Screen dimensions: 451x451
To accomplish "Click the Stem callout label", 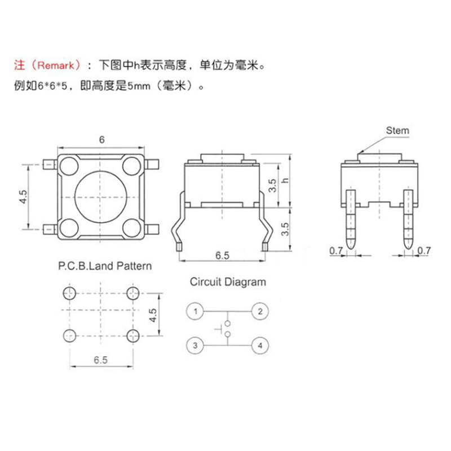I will pyautogui.click(x=397, y=131).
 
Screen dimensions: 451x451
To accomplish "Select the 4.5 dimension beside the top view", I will pyautogui.click(x=23, y=197).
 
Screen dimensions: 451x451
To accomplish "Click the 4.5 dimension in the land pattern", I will pyautogui.click(x=152, y=314).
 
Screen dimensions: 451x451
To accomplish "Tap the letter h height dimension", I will pyautogui.click(x=285, y=181).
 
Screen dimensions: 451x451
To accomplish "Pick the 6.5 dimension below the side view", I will pyautogui.click(x=223, y=255).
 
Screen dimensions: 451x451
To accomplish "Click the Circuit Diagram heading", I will pyautogui.click(x=228, y=281).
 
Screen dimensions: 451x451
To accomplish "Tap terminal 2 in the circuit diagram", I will pyautogui.click(x=260, y=311).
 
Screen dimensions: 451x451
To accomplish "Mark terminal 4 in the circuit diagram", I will pyautogui.click(x=260, y=345).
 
